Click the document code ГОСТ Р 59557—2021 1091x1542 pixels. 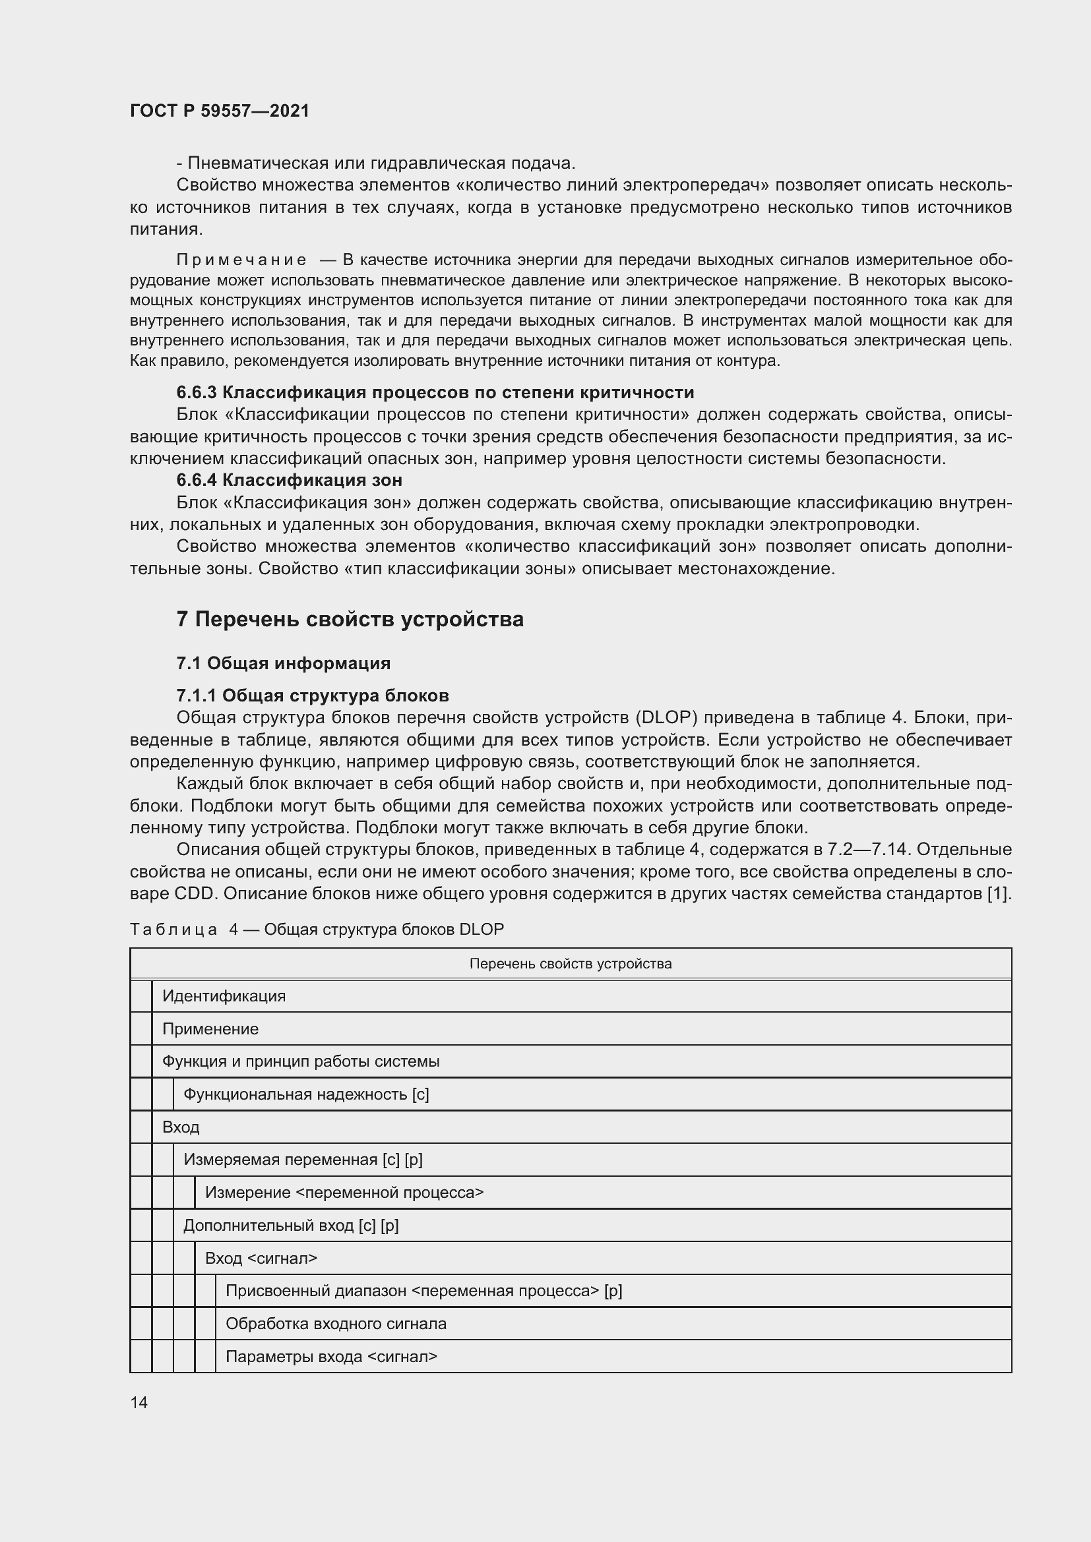[x=220, y=111]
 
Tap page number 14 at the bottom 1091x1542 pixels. [x=139, y=1402]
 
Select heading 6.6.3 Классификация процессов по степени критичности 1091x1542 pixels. [x=435, y=392]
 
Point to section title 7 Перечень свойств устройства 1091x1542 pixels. [x=350, y=618]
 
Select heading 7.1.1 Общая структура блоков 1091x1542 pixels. [x=313, y=695]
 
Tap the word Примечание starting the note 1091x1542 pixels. [x=241, y=260]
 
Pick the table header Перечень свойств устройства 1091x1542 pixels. [x=571, y=964]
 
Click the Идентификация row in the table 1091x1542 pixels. [x=224, y=996]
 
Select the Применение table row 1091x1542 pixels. [x=210, y=1029]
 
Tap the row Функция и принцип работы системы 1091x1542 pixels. [x=300, y=1061]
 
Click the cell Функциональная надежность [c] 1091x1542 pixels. [x=305, y=1094]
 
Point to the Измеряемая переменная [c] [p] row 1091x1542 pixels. [x=303, y=1159]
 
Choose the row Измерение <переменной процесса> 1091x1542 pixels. [x=344, y=1192]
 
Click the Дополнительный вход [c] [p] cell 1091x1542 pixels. [x=291, y=1225]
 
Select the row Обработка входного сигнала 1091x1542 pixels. [x=336, y=1324]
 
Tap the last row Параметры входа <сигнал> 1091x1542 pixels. [x=331, y=1357]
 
